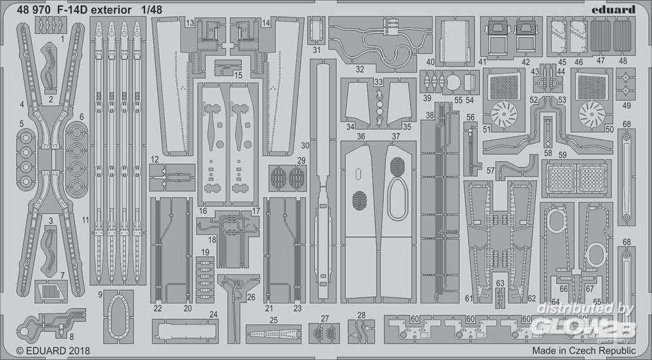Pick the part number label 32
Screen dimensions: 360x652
pos(360,68)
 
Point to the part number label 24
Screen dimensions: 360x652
pos(213,314)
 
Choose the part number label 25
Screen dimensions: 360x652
pos(273,320)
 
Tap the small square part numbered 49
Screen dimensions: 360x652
pos(626,84)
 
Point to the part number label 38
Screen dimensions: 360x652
pos(429,115)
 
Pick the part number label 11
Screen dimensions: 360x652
pos(85,219)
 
